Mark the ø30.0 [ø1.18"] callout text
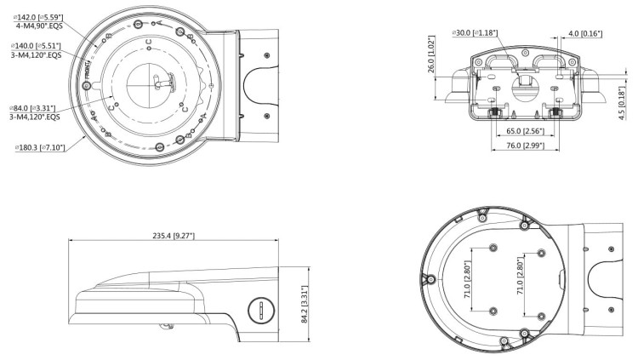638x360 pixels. click(476, 33)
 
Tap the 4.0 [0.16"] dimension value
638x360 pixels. click(584, 34)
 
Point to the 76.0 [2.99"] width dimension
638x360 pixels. click(525, 146)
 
